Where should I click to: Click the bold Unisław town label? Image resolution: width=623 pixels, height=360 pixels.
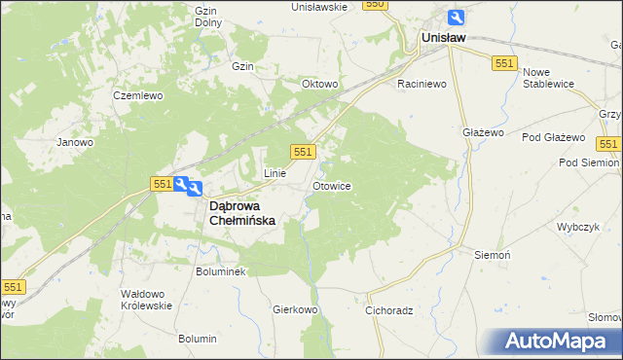pos(443,38)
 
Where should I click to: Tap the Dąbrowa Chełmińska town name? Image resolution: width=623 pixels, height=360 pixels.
pos(243,213)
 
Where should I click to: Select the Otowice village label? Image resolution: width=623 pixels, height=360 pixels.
pos(331,185)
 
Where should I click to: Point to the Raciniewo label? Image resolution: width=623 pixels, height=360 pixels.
pos(421,85)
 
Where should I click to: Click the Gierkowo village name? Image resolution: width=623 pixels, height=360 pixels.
pos(296,309)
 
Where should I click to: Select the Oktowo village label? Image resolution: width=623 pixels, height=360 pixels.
pos(320,85)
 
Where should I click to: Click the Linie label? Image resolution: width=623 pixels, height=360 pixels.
pos(275,173)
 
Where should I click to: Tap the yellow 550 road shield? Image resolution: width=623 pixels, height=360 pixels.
pos(375,5)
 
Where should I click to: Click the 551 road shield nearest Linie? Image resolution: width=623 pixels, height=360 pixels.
pos(303,152)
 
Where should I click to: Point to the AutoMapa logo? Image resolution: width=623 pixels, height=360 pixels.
pos(555,342)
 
